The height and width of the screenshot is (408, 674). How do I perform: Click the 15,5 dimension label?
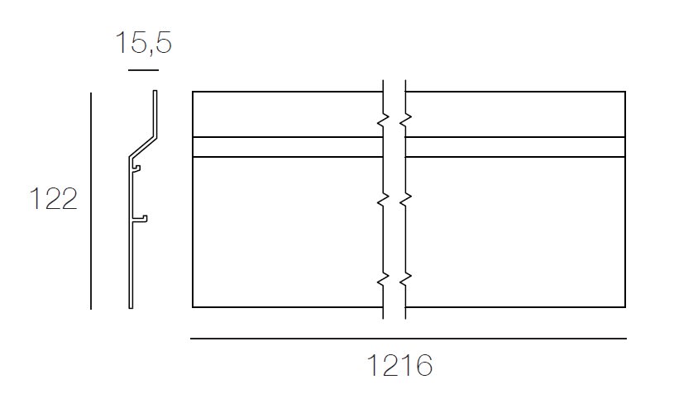(x=143, y=43)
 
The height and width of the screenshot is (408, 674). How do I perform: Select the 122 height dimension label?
(x=53, y=200)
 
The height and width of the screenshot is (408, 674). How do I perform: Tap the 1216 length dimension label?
(x=401, y=366)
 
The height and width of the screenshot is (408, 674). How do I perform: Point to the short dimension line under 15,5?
(x=143, y=70)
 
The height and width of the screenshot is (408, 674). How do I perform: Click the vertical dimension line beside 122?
(x=91, y=201)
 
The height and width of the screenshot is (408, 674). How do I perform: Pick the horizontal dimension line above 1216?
(x=408, y=339)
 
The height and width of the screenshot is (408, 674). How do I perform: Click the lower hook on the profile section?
(x=141, y=219)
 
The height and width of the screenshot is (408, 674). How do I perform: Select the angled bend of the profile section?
(x=141, y=145)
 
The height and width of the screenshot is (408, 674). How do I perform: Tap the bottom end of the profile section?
(x=130, y=307)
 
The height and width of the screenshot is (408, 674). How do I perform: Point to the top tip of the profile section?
(x=155, y=92)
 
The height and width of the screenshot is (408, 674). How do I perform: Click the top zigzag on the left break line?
(x=383, y=121)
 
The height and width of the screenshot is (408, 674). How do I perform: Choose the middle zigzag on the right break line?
(x=404, y=200)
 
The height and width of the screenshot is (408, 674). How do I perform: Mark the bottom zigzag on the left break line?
(x=383, y=279)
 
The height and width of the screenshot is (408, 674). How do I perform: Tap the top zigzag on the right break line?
(x=404, y=121)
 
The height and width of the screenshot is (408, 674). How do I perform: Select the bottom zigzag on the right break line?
(x=404, y=279)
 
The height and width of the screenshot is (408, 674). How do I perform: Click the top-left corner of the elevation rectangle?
(x=193, y=92)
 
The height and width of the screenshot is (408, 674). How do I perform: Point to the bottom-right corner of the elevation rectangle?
(x=624, y=307)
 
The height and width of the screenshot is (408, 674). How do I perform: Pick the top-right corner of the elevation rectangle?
(x=624, y=92)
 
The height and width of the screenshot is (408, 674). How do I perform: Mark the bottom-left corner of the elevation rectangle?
(x=193, y=307)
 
